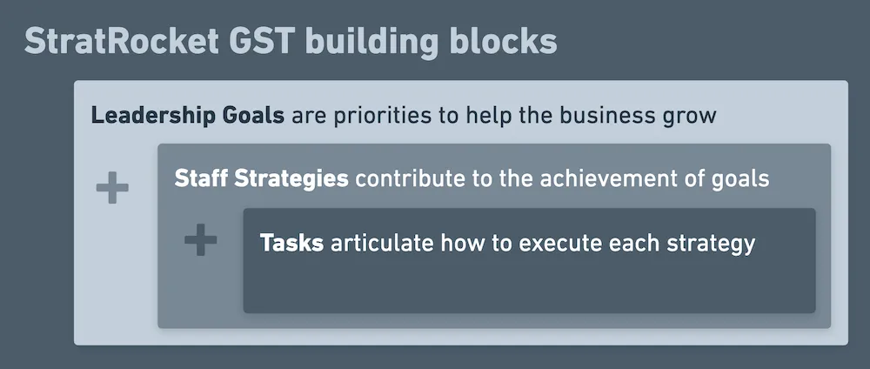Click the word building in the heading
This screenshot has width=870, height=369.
[x=376, y=41]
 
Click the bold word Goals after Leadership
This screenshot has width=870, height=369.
[x=258, y=116]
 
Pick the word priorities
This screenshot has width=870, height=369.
[x=382, y=117]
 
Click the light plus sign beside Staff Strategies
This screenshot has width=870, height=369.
[x=112, y=189]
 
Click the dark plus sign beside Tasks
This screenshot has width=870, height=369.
[x=200, y=240]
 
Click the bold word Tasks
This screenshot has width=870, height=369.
[x=291, y=243]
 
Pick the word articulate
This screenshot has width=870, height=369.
[x=381, y=243]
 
